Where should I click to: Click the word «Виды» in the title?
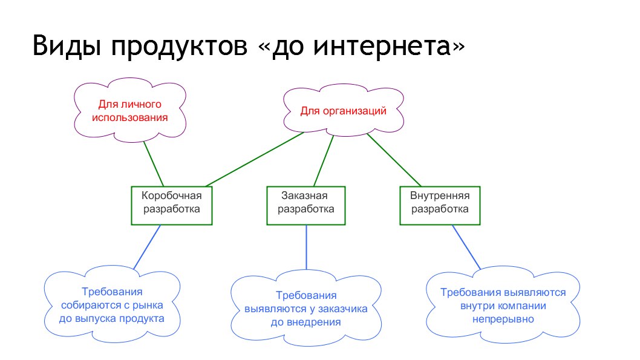coord(67,45)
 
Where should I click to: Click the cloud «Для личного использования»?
coord(130,110)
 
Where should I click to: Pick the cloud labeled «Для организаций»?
coord(344,110)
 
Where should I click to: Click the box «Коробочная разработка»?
coord(172,206)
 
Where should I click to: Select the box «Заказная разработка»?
coord(306,206)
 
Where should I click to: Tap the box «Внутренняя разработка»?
coord(440,206)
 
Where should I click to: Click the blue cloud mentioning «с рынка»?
coord(112,304)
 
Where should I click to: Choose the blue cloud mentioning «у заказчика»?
coord(306,308)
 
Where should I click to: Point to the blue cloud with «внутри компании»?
coord(503,306)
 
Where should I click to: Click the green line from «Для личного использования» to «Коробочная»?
coord(154,164)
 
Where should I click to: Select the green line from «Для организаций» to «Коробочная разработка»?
coord(255,159)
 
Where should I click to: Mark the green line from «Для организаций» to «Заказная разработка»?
coord(324,161)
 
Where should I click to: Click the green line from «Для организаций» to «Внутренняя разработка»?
coord(394,160)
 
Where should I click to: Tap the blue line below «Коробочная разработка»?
coord(147,247)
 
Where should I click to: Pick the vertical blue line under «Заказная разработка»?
coord(307,247)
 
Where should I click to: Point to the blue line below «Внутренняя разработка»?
coord(466,247)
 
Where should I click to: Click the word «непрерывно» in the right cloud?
coord(503,319)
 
